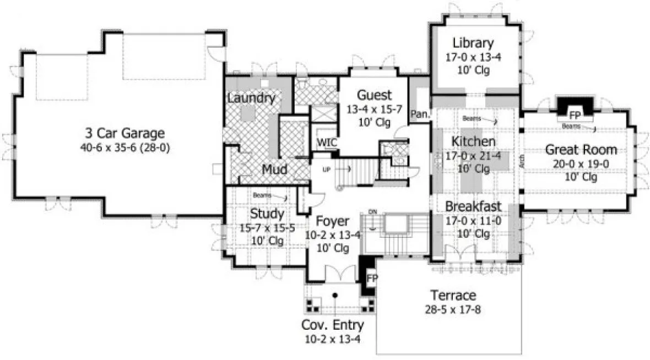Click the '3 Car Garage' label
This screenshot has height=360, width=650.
(x=124, y=133)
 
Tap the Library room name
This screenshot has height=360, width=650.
(x=473, y=43)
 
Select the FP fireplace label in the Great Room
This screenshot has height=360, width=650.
(x=575, y=116)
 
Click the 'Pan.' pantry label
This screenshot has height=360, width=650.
(x=420, y=114)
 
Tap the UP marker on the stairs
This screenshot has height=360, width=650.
(x=326, y=169)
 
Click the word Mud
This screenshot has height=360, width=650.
(x=274, y=170)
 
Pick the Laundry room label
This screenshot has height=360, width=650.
(x=251, y=99)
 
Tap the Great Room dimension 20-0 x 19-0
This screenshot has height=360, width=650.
(x=581, y=163)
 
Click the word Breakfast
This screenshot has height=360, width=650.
(x=473, y=207)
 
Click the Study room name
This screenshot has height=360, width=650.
(x=267, y=213)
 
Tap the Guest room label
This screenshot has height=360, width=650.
(x=374, y=95)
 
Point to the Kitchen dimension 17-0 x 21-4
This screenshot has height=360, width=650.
(x=474, y=155)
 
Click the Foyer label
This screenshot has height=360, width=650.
(x=333, y=221)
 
